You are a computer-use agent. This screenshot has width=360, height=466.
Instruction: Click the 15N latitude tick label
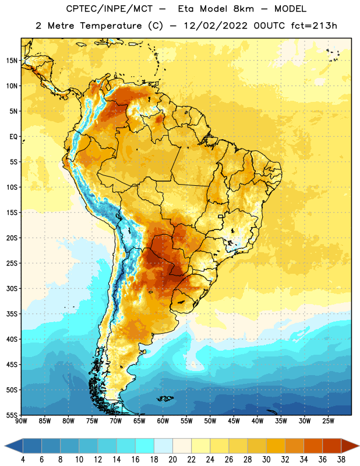12,61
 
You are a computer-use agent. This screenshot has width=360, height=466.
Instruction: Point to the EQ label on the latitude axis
13,137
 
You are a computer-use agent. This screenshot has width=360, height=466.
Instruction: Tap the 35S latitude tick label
12,314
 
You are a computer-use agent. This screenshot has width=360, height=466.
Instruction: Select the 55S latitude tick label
12,415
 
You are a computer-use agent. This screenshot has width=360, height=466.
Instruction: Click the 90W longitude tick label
21,421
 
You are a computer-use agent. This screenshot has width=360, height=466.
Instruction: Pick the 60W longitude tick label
163,421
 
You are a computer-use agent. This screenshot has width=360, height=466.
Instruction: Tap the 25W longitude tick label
328,421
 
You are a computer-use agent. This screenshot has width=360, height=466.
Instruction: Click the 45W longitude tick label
234,421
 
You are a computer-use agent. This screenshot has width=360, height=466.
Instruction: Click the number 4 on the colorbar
23,460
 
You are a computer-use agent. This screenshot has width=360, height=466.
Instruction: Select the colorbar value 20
172,460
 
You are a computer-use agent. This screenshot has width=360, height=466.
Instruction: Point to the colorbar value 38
341,460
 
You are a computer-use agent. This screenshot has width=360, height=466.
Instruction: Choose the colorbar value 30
266,460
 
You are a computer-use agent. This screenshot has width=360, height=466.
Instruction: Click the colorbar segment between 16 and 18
144,446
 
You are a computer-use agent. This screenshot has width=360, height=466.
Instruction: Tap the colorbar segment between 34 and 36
313,446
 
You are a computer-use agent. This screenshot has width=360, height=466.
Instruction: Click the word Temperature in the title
111,26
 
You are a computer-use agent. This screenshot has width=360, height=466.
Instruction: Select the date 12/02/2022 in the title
216,26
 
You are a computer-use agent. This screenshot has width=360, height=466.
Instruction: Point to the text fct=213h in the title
314,26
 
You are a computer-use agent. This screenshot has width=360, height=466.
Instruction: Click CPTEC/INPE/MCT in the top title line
110,9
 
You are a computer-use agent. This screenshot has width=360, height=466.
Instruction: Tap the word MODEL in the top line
290,9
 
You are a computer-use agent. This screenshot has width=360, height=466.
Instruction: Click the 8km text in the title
243,9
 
